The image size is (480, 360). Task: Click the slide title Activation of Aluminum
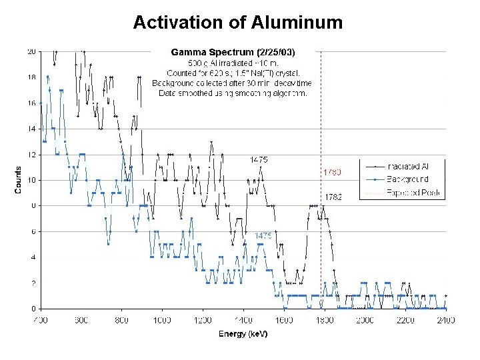[237, 23]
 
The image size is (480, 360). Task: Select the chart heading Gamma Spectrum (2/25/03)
[233, 51]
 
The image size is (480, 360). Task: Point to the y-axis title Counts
[19, 180]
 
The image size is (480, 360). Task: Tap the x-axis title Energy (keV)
[243, 334]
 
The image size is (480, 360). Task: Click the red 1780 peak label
[332, 172]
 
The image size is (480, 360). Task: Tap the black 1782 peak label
[333, 197]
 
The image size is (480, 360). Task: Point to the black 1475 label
[259, 159]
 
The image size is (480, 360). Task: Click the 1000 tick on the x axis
[162, 321]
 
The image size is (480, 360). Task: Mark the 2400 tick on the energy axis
[445, 321]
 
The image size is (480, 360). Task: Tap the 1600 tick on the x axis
[283, 321]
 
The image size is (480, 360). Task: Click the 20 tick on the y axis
[31, 51]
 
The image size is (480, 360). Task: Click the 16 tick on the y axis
[31, 103]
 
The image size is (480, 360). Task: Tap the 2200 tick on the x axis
[405, 321]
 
